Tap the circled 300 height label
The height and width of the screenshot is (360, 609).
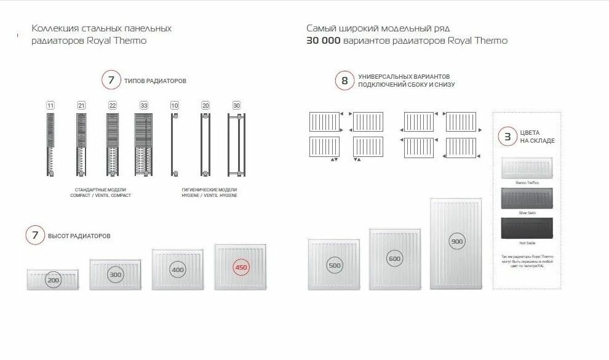(115, 275)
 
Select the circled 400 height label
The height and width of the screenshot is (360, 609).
(177, 270)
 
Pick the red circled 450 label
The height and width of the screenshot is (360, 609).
(241, 268)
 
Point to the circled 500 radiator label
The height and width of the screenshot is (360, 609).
(335, 266)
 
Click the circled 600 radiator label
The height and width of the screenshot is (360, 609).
(394, 258)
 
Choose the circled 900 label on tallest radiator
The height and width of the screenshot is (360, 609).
(456, 241)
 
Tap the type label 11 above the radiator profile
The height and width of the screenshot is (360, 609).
(50, 106)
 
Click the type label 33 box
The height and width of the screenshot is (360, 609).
(143, 106)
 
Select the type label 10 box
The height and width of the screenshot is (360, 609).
(175, 106)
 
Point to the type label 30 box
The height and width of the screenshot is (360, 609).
(236, 106)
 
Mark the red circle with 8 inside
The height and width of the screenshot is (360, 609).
(344, 81)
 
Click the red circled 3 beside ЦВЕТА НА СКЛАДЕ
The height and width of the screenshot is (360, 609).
(507, 137)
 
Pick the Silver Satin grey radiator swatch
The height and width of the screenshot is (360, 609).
(527, 199)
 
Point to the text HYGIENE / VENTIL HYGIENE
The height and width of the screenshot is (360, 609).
(209, 195)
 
